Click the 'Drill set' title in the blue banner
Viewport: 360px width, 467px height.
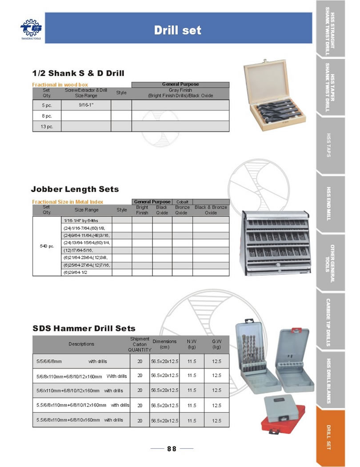tap(177, 30)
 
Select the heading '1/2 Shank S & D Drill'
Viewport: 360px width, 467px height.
tap(78, 73)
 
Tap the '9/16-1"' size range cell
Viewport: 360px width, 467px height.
tap(86, 105)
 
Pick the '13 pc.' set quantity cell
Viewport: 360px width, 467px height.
tap(47, 126)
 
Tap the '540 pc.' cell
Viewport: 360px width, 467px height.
tap(47, 246)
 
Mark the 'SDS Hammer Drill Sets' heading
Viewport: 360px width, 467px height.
tap(84, 328)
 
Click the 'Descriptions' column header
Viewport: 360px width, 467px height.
tap(81, 344)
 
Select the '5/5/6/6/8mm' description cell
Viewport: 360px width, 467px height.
tap(49, 361)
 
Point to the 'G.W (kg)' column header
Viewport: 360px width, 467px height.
tap(216, 344)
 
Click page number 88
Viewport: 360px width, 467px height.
tap(172, 449)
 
